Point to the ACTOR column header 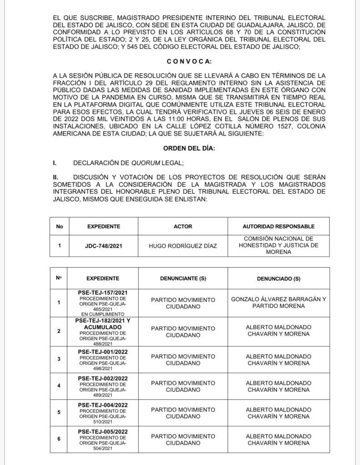coord(183,226)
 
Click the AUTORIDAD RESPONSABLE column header coord(279,226)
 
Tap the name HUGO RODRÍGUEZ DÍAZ coord(183,246)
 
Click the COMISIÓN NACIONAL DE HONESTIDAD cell coord(279,246)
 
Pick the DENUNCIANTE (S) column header coord(183,278)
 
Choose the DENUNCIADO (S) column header coord(278,278)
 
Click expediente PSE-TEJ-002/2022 coord(103,378)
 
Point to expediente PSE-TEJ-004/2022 coord(103,405)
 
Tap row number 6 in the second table coord(59,439)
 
